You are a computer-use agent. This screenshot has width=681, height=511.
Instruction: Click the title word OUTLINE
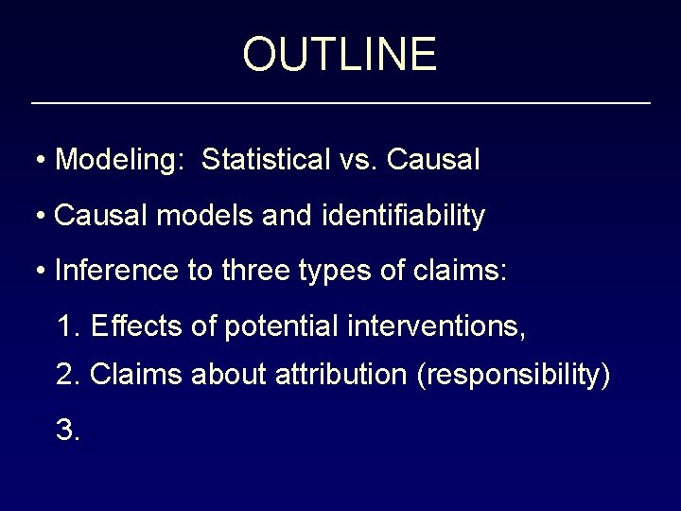click(340, 54)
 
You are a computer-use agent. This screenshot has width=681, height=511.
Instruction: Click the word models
click(194, 216)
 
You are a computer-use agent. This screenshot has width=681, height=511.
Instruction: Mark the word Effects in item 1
click(132, 328)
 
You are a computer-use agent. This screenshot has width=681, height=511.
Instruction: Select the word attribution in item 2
click(340, 376)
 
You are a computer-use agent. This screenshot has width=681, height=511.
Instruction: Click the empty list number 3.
click(68, 431)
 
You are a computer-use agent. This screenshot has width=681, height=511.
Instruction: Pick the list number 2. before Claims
click(68, 376)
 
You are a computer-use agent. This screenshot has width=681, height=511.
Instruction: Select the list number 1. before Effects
click(68, 328)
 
